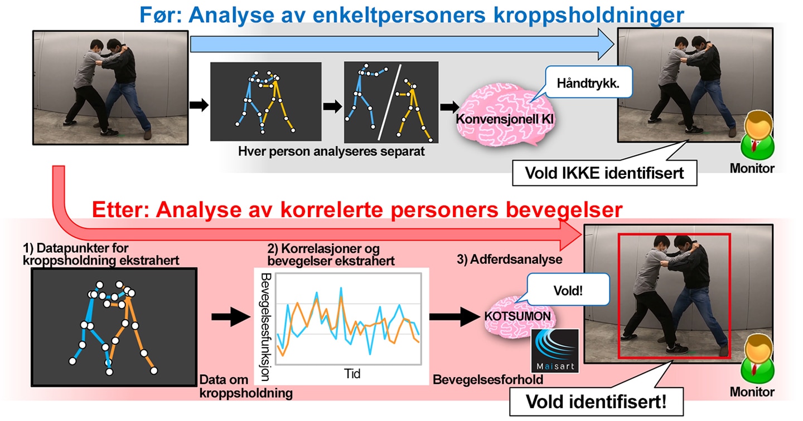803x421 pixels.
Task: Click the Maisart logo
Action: point(554,351)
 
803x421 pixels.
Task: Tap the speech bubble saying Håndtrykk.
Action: point(588,82)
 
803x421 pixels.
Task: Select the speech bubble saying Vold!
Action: point(568,290)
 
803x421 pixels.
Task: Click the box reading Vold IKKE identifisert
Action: point(604,173)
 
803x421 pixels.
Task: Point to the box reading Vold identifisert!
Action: point(596,402)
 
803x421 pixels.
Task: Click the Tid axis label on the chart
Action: point(352,374)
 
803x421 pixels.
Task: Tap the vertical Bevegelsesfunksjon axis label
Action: point(265,327)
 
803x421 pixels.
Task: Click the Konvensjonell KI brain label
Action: point(505,119)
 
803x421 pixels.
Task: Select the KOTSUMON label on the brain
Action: point(517,316)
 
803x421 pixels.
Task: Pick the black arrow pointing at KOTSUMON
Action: point(454,316)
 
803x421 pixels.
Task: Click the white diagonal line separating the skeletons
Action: point(389,102)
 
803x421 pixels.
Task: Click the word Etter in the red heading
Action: point(120,209)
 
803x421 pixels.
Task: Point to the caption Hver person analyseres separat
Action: point(331,151)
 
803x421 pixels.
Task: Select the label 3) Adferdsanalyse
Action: point(510,259)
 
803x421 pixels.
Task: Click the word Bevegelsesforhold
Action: point(488,379)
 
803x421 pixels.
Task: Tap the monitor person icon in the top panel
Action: point(757,135)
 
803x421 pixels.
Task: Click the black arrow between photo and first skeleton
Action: point(199,105)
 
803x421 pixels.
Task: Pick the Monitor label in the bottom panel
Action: point(752,391)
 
